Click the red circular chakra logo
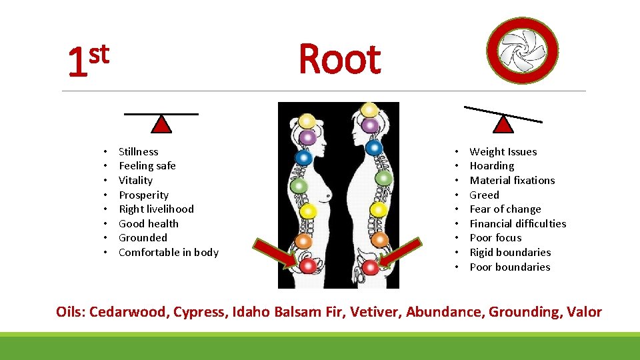tap(522, 49)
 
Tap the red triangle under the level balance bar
tap(161, 125)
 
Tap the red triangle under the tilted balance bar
tap(504, 124)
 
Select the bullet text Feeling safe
tap(147, 166)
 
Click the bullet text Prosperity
tap(143, 195)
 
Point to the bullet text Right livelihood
tap(156, 209)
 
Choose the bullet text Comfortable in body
tap(168, 253)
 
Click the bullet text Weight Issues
tap(503, 152)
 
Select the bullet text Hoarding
tap(491, 166)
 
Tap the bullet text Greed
tap(484, 195)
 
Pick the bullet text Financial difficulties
tap(517, 224)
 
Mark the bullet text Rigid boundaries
tap(510, 253)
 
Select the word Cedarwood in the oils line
tap(129, 312)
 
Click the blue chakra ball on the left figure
tap(304, 157)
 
